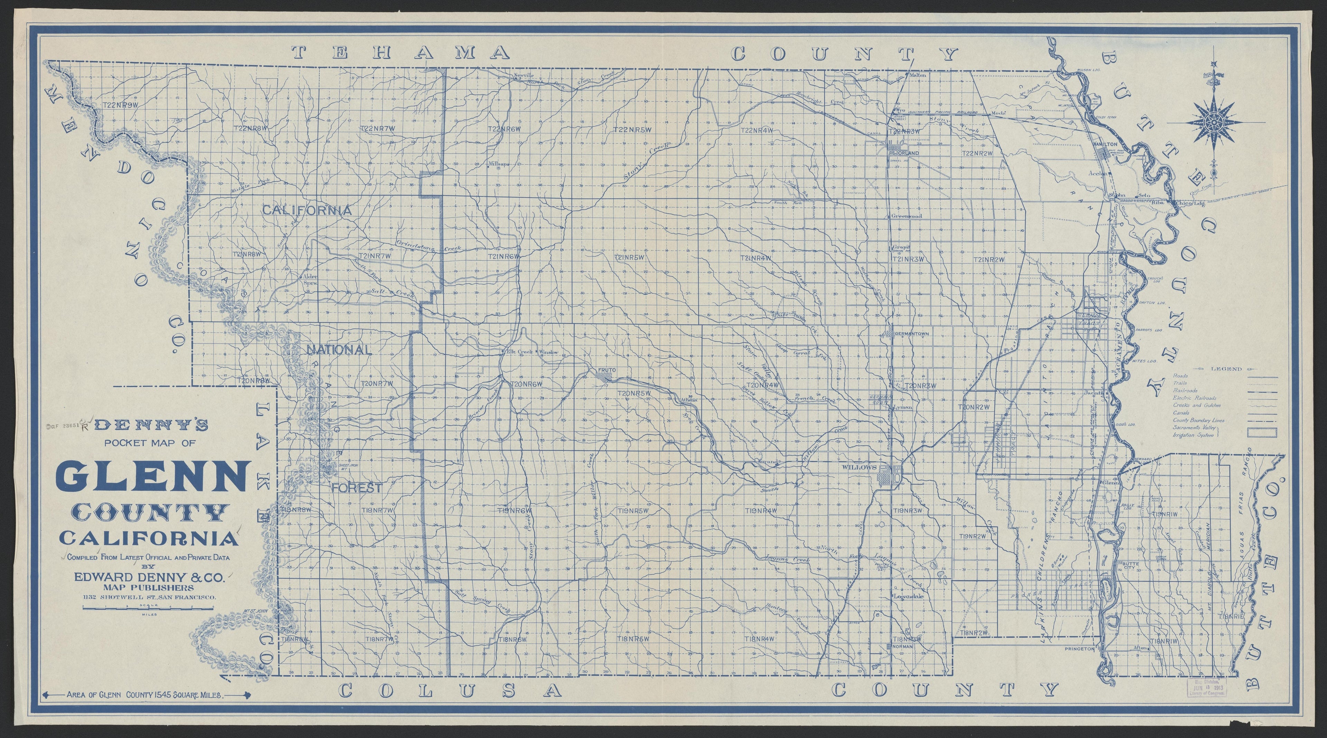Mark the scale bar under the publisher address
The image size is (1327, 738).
pyautogui.click(x=148, y=609)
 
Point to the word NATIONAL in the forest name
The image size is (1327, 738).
pyautogui.click(x=339, y=350)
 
